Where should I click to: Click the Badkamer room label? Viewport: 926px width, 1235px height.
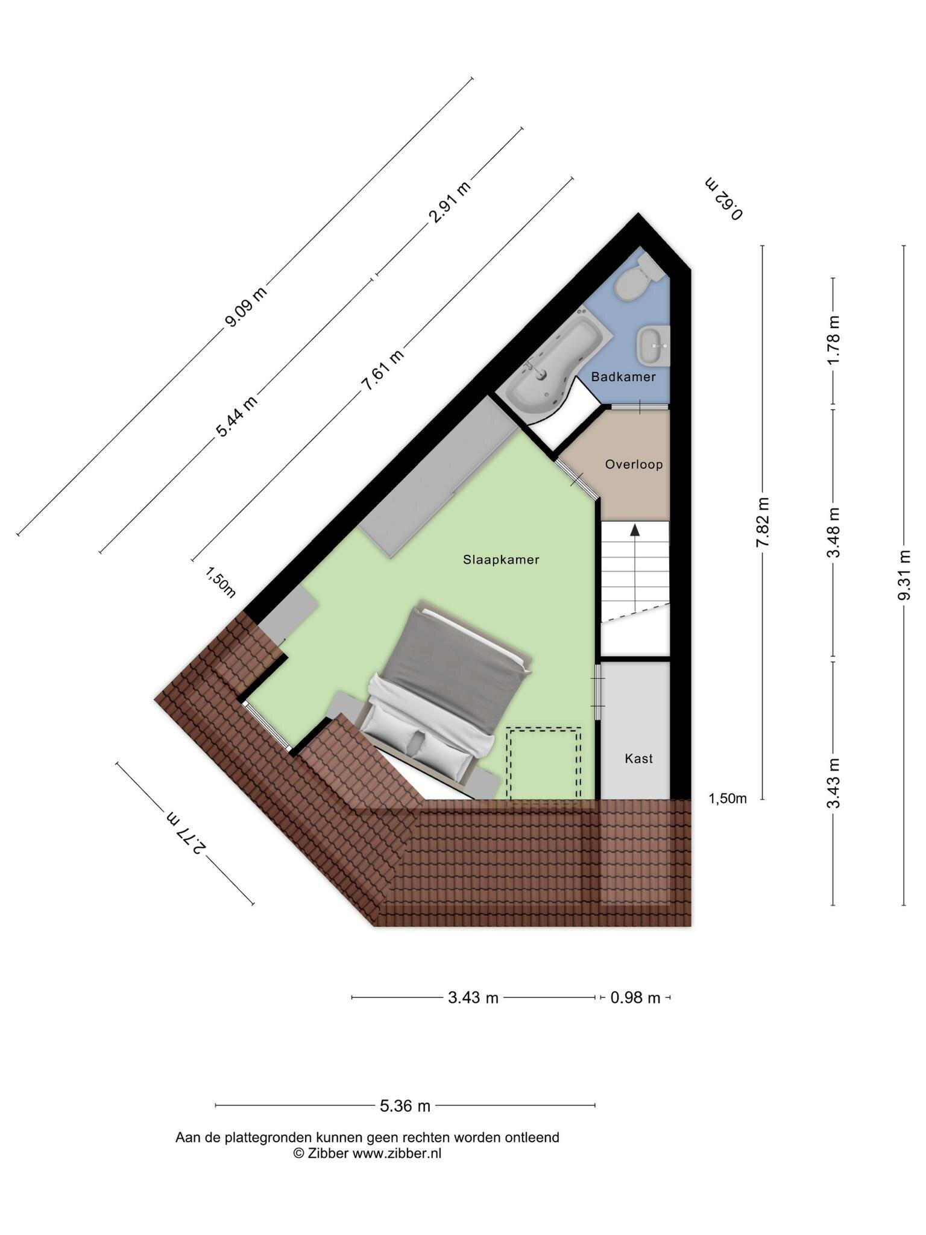[623, 377]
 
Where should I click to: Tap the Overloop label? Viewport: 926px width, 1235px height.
[634, 464]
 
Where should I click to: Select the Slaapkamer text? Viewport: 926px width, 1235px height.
[501, 560]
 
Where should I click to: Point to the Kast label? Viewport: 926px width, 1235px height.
[638, 759]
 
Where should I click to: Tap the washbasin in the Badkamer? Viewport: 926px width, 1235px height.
[654, 346]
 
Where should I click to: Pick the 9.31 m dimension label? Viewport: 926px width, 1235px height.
[904, 575]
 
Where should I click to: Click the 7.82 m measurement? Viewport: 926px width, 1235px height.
[763, 522]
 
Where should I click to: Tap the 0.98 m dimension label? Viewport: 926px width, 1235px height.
[635, 997]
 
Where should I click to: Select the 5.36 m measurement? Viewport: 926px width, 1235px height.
[405, 1106]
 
